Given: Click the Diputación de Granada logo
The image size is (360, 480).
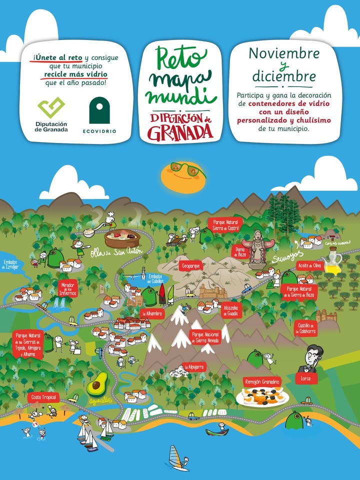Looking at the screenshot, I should pyautogui.click(x=51, y=114).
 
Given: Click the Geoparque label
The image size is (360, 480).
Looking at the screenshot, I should pyautogui.click(x=191, y=265).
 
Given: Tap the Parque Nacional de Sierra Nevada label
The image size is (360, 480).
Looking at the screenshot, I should pyautogui.click(x=205, y=337).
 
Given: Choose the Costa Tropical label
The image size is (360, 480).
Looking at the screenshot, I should pyautogui.click(x=43, y=397).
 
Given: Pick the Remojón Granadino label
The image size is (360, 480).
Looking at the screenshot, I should pyautogui.click(x=262, y=382).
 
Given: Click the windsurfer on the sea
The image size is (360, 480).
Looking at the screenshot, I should pyautogui.click(x=175, y=457).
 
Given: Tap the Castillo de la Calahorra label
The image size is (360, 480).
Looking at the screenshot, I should pyautogui.click(x=306, y=327).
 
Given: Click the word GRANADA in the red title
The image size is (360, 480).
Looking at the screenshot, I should pyautogui.click(x=180, y=132).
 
